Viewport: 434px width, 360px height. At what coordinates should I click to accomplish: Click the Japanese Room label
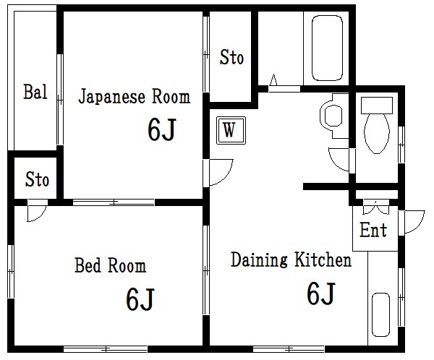pyautogui.click(x=134, y=97)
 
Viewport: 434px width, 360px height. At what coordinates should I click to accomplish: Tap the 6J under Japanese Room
pyautogui.click(x=162, y=129)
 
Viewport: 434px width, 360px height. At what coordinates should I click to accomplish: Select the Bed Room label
pyautogui.click(x=110, y=265)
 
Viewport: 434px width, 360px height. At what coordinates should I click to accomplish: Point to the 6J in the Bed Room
pyautogui.click(x=140, y=298)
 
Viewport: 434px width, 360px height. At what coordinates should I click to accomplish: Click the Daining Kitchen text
pyautogui.click(x=291, y=260)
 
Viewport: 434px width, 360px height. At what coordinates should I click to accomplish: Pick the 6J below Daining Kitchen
pyautogui.click(x=320, y=293)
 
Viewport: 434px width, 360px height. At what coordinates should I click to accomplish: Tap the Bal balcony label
pyautogui.click(x=35, y=93)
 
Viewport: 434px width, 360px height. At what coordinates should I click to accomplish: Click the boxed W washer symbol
pyautogui.click(x=229, y=131)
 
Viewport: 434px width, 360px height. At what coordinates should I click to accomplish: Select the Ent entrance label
pyautogui.click(x=373, y=231)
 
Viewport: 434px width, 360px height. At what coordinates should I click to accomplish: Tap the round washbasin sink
pyautogui.click(x=333, y=115)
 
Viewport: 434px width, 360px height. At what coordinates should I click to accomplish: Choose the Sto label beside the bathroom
pyautogui.click(x=231, y=58)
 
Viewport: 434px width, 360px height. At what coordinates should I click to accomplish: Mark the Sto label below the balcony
pyautogui.click(x=37, y=179)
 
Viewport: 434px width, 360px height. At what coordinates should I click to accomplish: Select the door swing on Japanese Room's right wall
pyautogui.click(x=219, y=171)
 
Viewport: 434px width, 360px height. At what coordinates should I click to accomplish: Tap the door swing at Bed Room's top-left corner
pyautogui.click(x=35, y=214)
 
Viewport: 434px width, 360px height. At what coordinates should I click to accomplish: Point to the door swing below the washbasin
pyautogui.click(x=339, y=158)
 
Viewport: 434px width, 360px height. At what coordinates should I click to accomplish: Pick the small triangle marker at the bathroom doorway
pyautogui.click(x=274, y=80)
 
